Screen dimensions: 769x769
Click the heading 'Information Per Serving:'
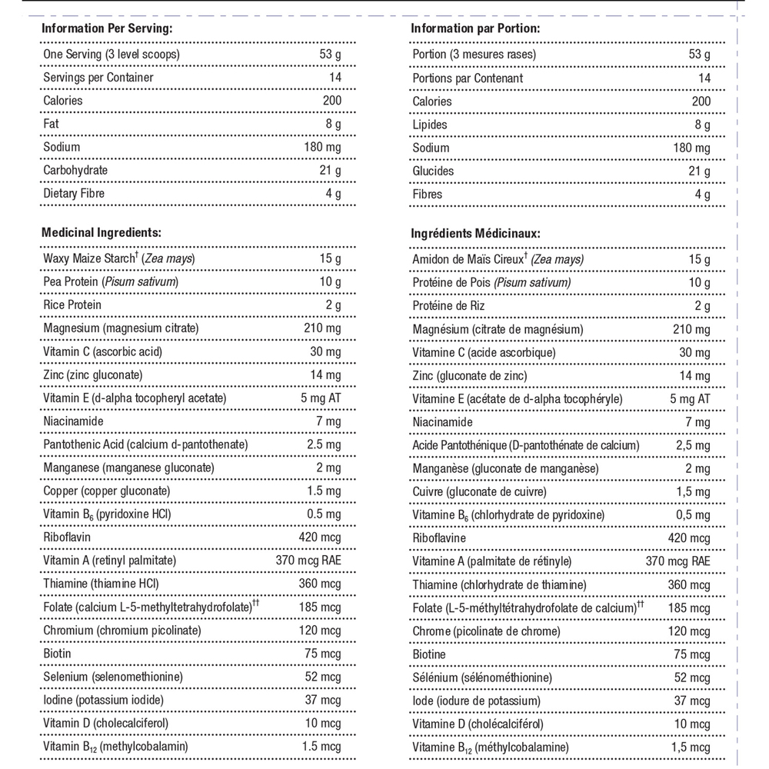[x=106, y=28]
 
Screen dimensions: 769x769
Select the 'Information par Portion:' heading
[x=475, y=28]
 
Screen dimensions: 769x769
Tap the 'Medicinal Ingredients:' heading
[x=102, y=231]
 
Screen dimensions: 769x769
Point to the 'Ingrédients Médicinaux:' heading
[x=475, y=233]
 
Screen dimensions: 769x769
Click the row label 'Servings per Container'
[x=98, y=78]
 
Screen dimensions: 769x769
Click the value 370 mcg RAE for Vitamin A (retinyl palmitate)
[x=308, y=561]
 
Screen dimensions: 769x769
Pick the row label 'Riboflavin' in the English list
[x=68, y=538]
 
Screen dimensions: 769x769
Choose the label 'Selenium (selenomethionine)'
[x=113, y=677]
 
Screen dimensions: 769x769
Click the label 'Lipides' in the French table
[x=430, y=125]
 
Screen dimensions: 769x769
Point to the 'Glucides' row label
[x=433, y=171]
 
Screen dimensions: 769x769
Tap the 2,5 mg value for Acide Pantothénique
[x=692, y=446]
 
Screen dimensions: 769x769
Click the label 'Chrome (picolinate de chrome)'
[x=487, y=631]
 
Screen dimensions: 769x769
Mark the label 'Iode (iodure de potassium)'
[x=476, y=701]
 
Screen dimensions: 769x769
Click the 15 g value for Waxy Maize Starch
[x=331, y=258]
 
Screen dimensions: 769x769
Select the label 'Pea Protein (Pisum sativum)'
[x=111, y=282]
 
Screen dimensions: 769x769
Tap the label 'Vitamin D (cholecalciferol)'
[x=106, y=723]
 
